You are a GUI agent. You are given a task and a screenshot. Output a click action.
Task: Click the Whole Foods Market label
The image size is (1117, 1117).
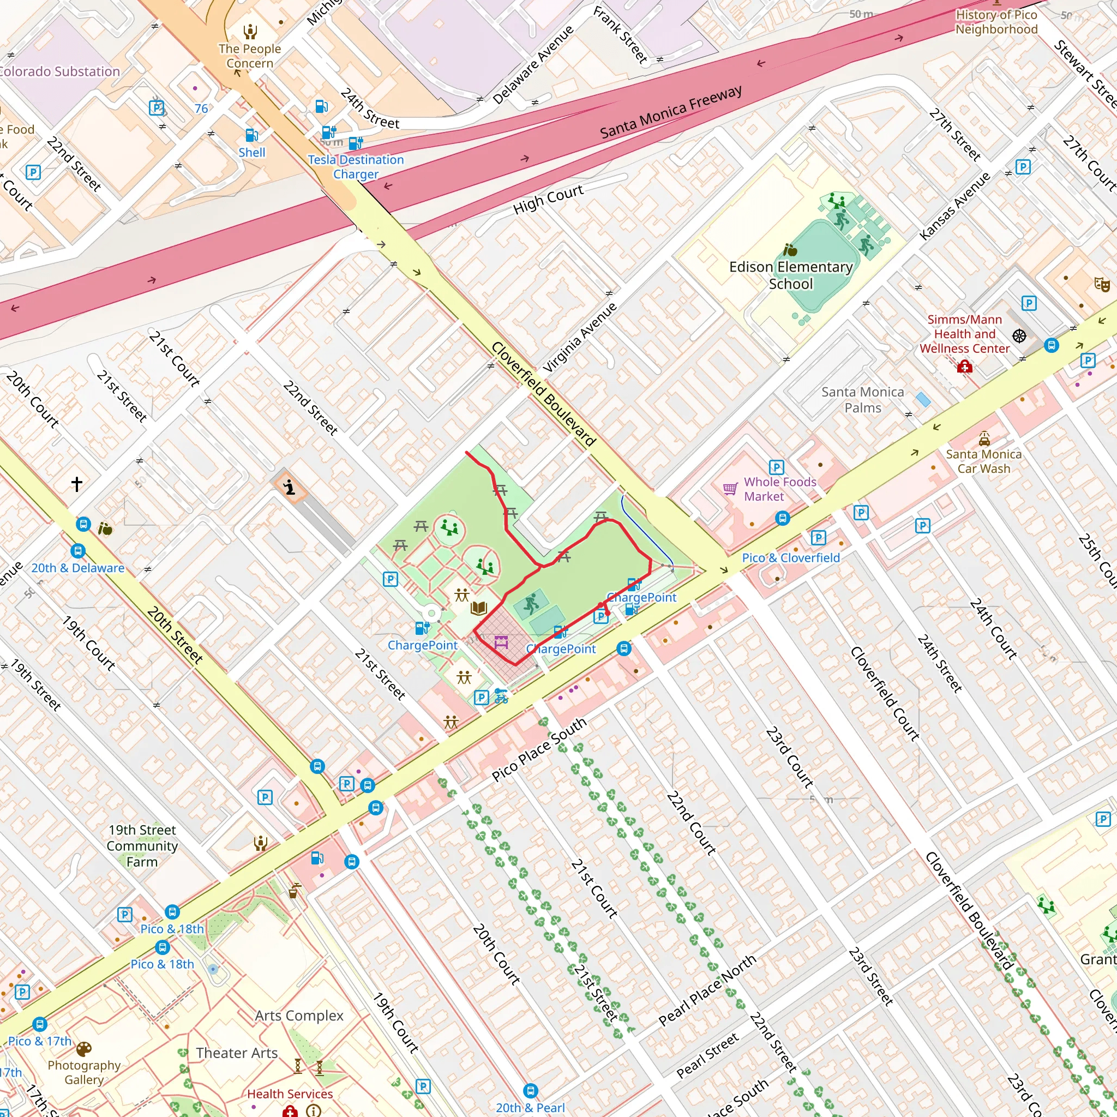779,489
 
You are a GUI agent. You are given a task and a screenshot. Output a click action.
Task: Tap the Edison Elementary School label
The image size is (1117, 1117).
790,275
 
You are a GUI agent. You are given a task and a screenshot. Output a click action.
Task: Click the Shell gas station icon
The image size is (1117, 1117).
251,135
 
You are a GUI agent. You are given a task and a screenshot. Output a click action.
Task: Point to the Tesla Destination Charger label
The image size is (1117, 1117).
356,166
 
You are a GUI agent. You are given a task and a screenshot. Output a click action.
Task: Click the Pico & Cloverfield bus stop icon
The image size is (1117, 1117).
782,518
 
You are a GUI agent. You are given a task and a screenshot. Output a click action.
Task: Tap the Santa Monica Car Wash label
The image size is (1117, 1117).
983,461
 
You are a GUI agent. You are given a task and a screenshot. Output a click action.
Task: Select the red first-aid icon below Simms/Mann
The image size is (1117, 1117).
964,367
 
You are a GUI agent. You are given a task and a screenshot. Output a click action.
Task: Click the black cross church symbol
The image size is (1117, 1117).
77,483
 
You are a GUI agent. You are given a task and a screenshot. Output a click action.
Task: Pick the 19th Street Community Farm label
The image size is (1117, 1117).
142,845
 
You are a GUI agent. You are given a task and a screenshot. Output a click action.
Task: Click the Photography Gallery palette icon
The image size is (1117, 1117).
84,1049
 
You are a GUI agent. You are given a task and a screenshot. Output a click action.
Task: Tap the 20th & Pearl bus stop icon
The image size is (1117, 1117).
530,1090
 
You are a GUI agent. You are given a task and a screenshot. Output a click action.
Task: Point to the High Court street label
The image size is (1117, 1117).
548,200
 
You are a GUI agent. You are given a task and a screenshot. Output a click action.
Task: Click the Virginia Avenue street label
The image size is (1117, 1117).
580,338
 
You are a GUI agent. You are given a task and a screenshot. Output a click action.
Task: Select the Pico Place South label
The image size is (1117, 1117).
539,750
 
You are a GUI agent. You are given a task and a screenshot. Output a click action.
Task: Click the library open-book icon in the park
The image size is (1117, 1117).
479,608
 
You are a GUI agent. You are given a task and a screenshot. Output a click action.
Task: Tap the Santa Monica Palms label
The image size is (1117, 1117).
863,399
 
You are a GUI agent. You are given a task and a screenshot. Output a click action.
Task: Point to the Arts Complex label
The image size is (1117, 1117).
299,1016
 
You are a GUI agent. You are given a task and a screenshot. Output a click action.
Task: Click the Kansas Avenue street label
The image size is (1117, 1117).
954,206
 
